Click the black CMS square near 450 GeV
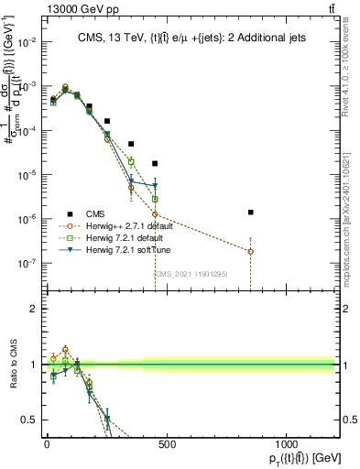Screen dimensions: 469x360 (x=155, y=163)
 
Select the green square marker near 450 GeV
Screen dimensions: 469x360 (x=155, y=199)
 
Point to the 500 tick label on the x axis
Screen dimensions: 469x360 (x=166, y=444)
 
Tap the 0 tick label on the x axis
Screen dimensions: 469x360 (x=47, y=444)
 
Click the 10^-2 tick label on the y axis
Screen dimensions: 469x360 (x=25, y=42)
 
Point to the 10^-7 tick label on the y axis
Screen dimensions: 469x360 (x=25, y=263)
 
